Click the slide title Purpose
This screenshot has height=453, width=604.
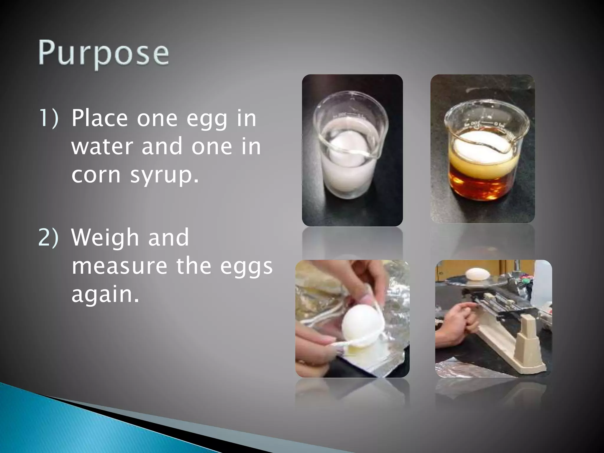tap(104, 53)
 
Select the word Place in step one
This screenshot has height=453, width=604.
tap(99, 118)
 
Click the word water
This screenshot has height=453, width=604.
tap(102, 147)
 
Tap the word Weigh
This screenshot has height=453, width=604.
tap(105, 237)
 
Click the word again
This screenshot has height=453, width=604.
tap(105, 295)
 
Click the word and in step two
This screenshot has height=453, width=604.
tap(168, 237)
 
